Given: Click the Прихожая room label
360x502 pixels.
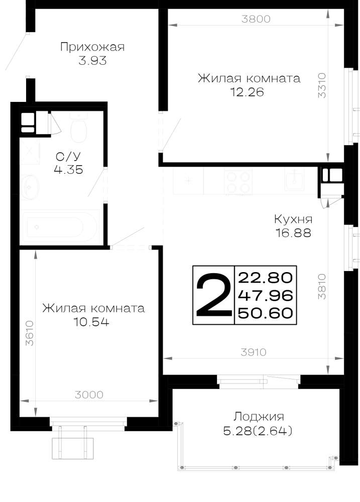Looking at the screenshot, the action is click(x=92, y=47).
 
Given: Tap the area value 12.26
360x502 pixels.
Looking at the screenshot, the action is click(x=247, y=92).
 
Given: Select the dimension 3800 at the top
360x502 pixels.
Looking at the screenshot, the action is click(x=256, y=19).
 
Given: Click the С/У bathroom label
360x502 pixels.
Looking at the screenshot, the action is click(x=68, y=157).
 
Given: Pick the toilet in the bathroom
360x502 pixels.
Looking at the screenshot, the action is click(x=78, y=128).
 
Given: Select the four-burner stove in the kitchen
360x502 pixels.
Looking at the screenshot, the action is click(x=238, y=182).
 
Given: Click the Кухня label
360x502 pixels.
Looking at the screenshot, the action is click(x=293, y=219).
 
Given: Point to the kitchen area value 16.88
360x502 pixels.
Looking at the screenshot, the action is click(x=293, y=233).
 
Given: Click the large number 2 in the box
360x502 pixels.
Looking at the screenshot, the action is click(x=213, y=295).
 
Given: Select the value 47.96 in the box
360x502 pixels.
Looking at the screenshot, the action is click(x=266, y=295).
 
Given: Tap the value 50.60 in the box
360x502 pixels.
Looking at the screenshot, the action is click(x=266, y=312).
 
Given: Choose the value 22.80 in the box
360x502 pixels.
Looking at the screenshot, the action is click(x=266, y=278).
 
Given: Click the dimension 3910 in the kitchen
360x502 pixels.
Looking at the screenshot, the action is click(x=253, y=352).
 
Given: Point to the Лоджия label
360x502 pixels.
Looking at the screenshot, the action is click(x=258, y=417).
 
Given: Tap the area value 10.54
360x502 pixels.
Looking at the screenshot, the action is click(x=91, y=321).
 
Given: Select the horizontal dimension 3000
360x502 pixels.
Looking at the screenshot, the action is click(x=89, y=395).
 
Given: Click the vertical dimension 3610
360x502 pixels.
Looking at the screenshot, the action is click(x=30, y=333).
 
